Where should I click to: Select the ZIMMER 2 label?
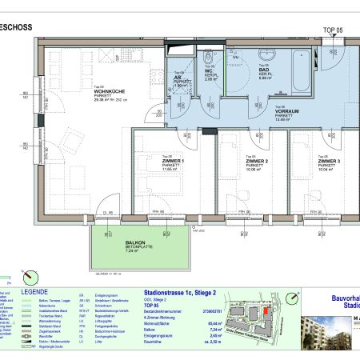pyautogui.click(x=256, y=161)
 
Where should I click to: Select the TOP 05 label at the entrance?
pyautogui.click(x=331, y=29)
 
